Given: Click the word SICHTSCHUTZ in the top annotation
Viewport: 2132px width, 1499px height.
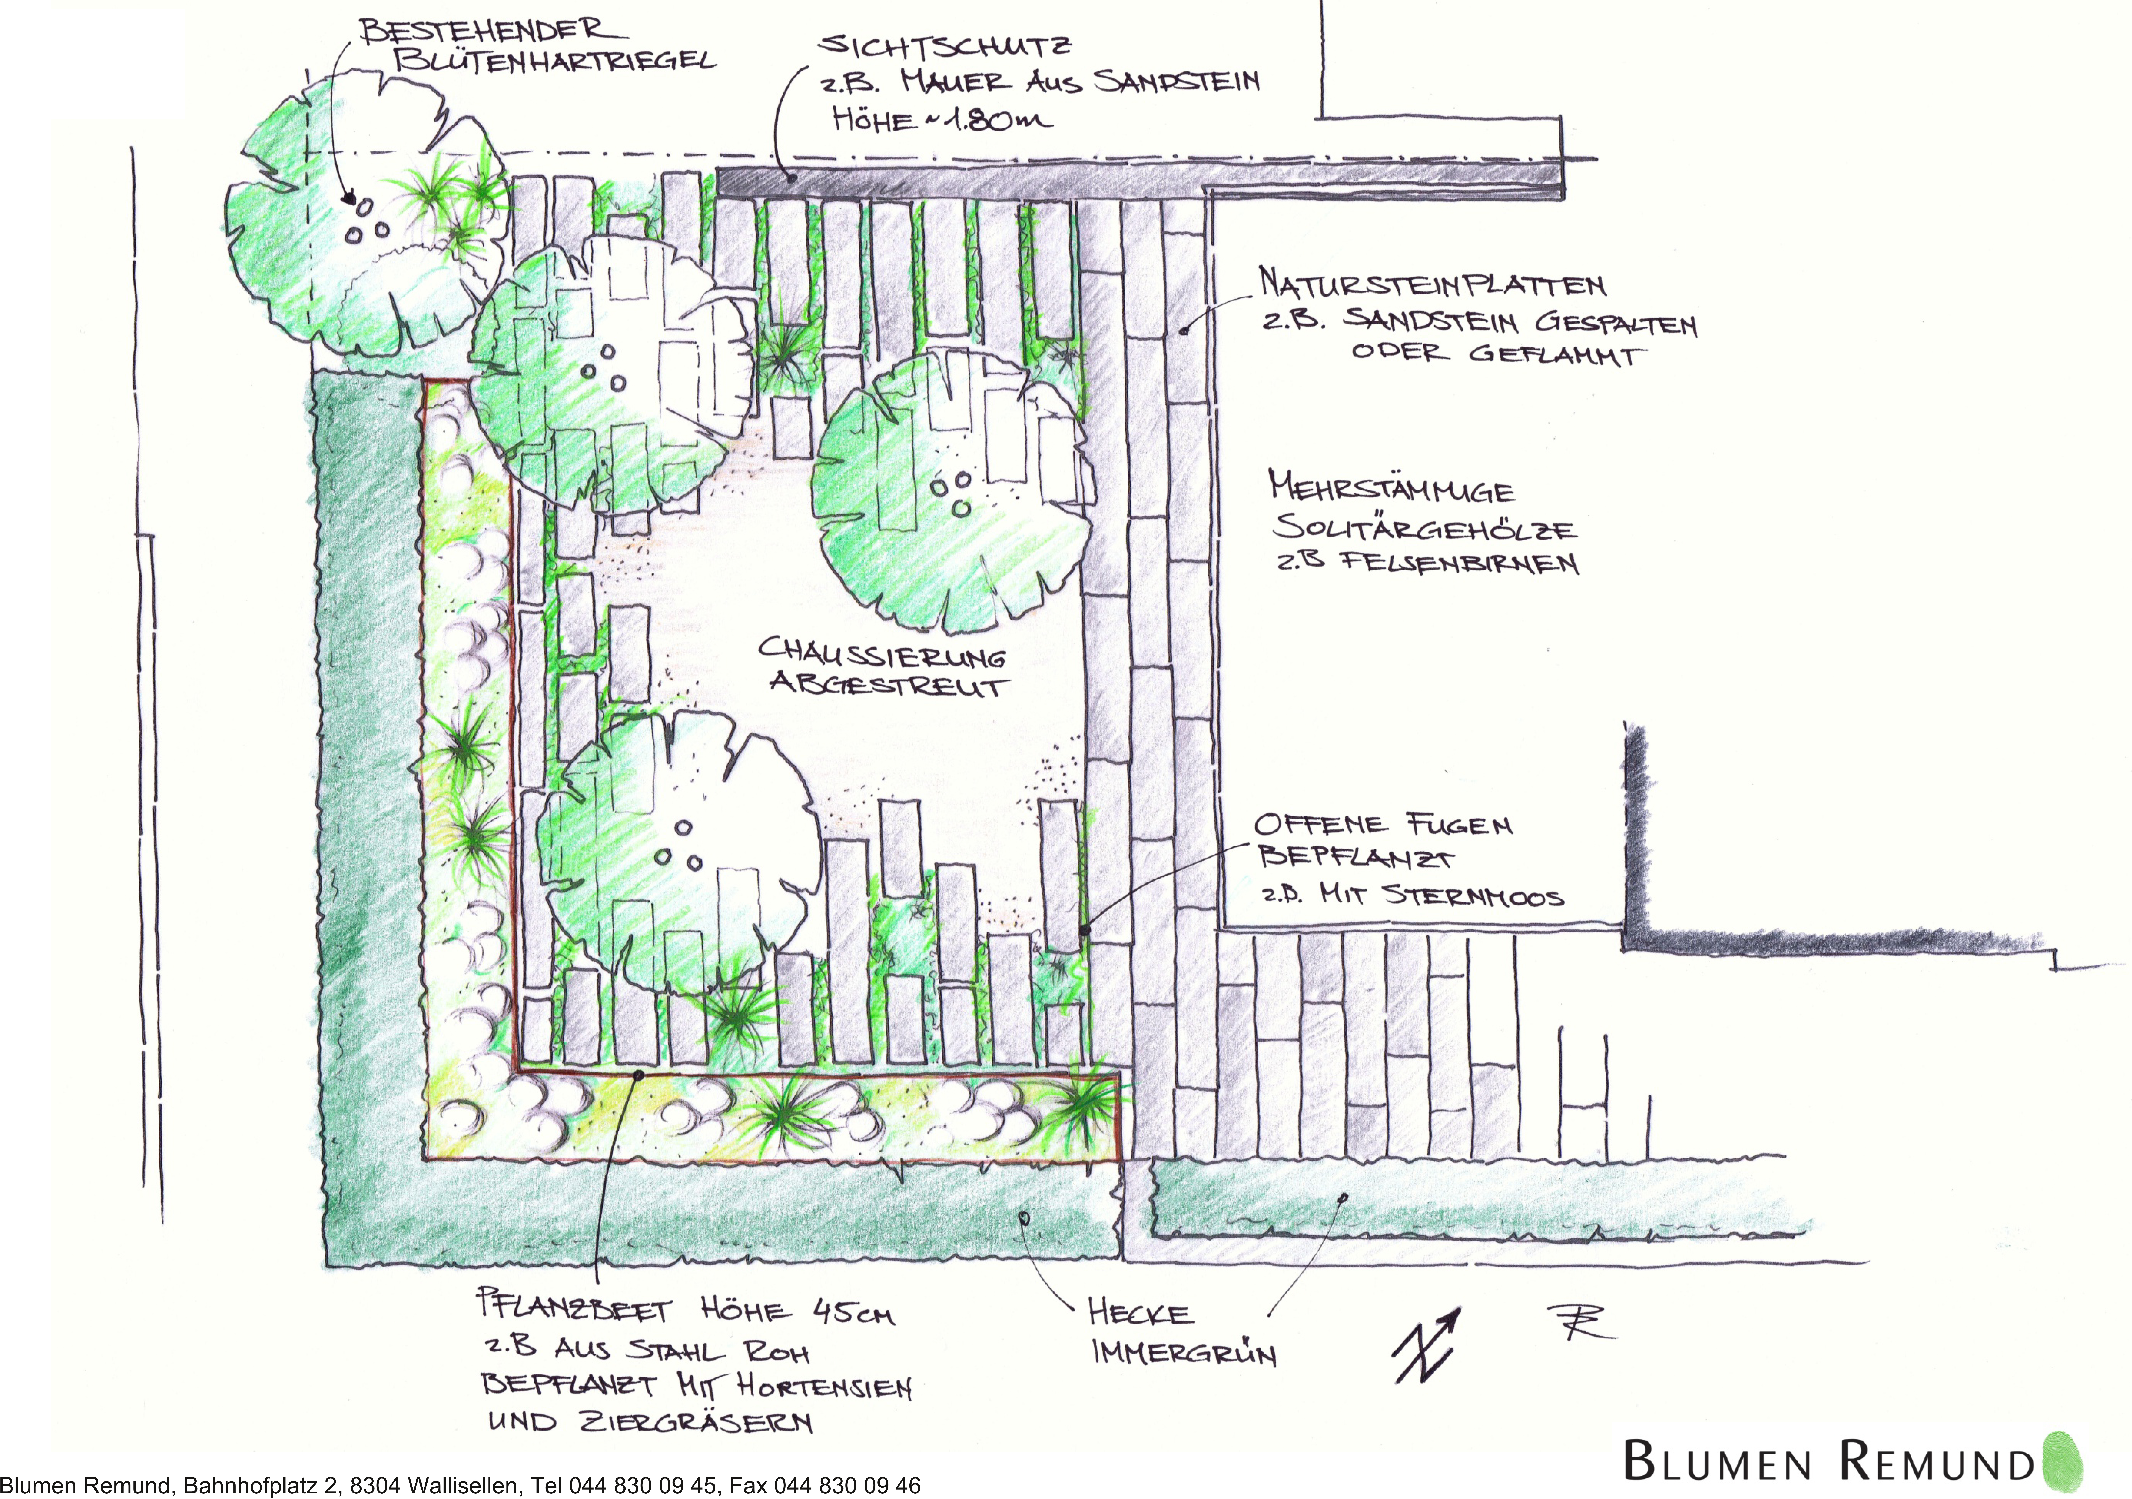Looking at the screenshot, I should pos(945,46).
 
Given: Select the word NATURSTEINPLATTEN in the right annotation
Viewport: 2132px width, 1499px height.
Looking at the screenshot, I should pos(1432,284).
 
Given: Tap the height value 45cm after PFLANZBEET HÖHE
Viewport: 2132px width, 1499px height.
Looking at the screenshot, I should pos(854,1312).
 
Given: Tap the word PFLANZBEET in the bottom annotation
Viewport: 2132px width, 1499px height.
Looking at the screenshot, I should pos(574,1308).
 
